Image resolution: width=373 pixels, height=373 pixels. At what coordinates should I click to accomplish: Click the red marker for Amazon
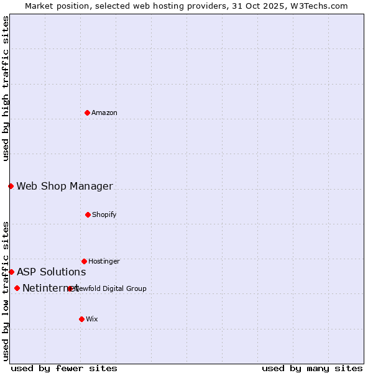(x=87, y=113)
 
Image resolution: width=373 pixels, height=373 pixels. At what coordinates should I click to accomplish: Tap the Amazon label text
(x=104, y=113)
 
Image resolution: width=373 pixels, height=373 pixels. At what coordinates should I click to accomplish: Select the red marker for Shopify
(x=88, y=214)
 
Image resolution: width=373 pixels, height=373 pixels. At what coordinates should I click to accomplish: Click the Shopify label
(x=104, y=214)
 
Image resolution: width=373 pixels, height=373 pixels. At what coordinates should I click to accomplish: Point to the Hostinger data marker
(x=84, y=261)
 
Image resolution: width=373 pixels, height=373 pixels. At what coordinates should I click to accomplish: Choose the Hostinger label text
(x=104, y=261)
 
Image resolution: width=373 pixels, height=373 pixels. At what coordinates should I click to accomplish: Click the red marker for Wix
(x=81, y=319)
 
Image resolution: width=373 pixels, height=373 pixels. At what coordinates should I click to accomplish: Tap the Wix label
(x=92, y=319)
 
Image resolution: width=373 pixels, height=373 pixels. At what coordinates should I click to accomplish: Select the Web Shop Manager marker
(x=11, y=186)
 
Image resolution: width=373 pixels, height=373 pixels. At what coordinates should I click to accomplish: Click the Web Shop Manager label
(x=65, y=186)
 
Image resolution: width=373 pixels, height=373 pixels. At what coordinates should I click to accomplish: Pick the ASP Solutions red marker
(x=11, y=272)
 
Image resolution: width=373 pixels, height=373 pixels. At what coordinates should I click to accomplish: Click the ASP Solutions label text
(x=51, y=272)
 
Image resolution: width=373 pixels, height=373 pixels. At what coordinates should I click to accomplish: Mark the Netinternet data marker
(x=17, y=288)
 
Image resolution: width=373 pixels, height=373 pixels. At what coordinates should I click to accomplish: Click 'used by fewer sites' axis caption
(x=64, y=368)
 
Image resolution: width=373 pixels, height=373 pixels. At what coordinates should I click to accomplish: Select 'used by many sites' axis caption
(x=312, y=368)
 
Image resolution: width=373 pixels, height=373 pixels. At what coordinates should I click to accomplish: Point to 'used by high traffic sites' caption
(x=6, y=88)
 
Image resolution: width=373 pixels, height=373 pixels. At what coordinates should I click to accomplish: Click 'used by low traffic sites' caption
(x=6, y=291)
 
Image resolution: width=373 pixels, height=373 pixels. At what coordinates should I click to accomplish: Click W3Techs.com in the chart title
(x=316, y=6)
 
